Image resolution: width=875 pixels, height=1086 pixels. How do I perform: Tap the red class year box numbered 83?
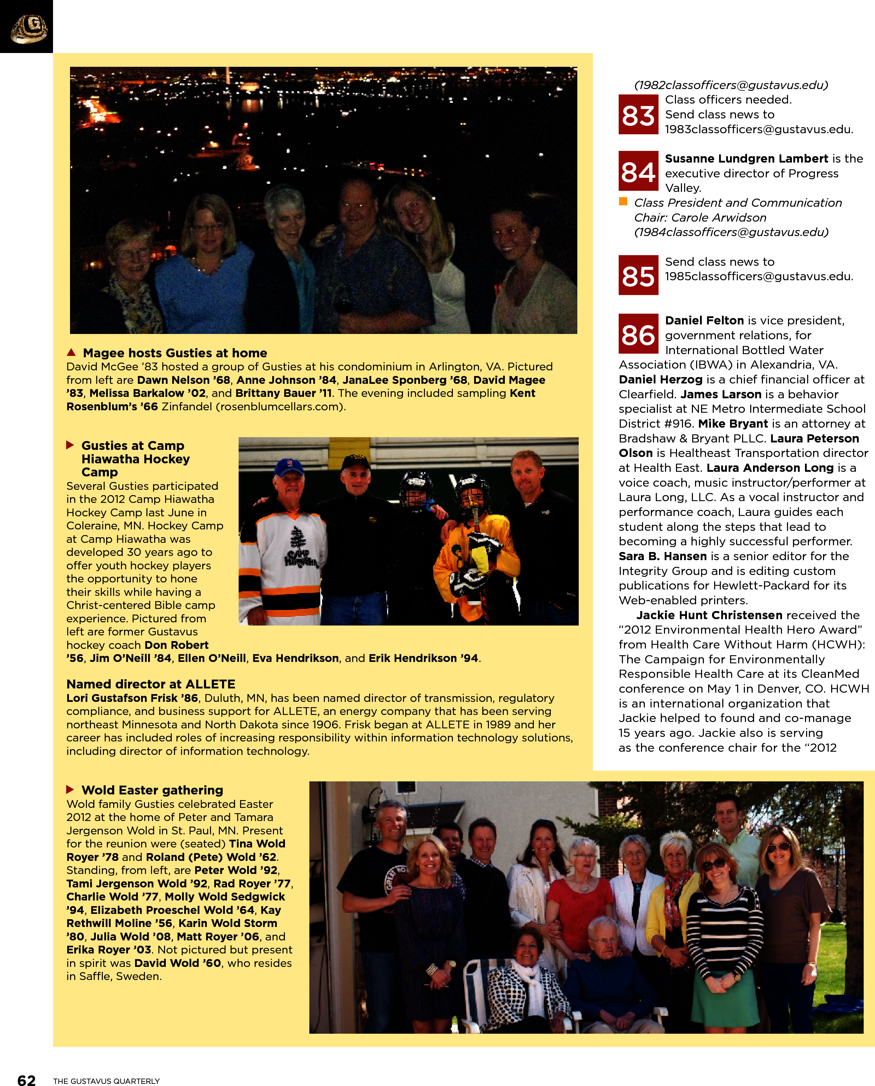[638, 115]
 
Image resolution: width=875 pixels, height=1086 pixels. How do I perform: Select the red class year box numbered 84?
[638, 171]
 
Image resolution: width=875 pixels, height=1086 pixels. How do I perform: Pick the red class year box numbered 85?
[638, 275]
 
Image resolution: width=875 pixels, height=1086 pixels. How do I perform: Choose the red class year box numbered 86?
[638, 334]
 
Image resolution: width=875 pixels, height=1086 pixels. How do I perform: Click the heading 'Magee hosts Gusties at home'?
[175, 353]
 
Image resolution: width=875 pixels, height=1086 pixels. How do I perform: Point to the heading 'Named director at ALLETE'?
[151, 684]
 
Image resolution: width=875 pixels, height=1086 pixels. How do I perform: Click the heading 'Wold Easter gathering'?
[152, 790]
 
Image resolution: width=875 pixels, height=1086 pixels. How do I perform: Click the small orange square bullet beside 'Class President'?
[623, 201]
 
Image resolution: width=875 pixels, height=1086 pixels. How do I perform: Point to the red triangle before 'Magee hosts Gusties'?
[71, 352]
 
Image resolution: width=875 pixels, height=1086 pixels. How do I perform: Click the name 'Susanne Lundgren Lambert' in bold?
[746, 159]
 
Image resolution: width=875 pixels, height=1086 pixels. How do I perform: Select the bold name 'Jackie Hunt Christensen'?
[709, 615]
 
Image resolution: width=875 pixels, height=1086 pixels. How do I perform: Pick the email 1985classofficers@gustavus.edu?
[759, 277]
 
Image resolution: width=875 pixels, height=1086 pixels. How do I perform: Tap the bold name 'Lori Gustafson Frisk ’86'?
[132, 698]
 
